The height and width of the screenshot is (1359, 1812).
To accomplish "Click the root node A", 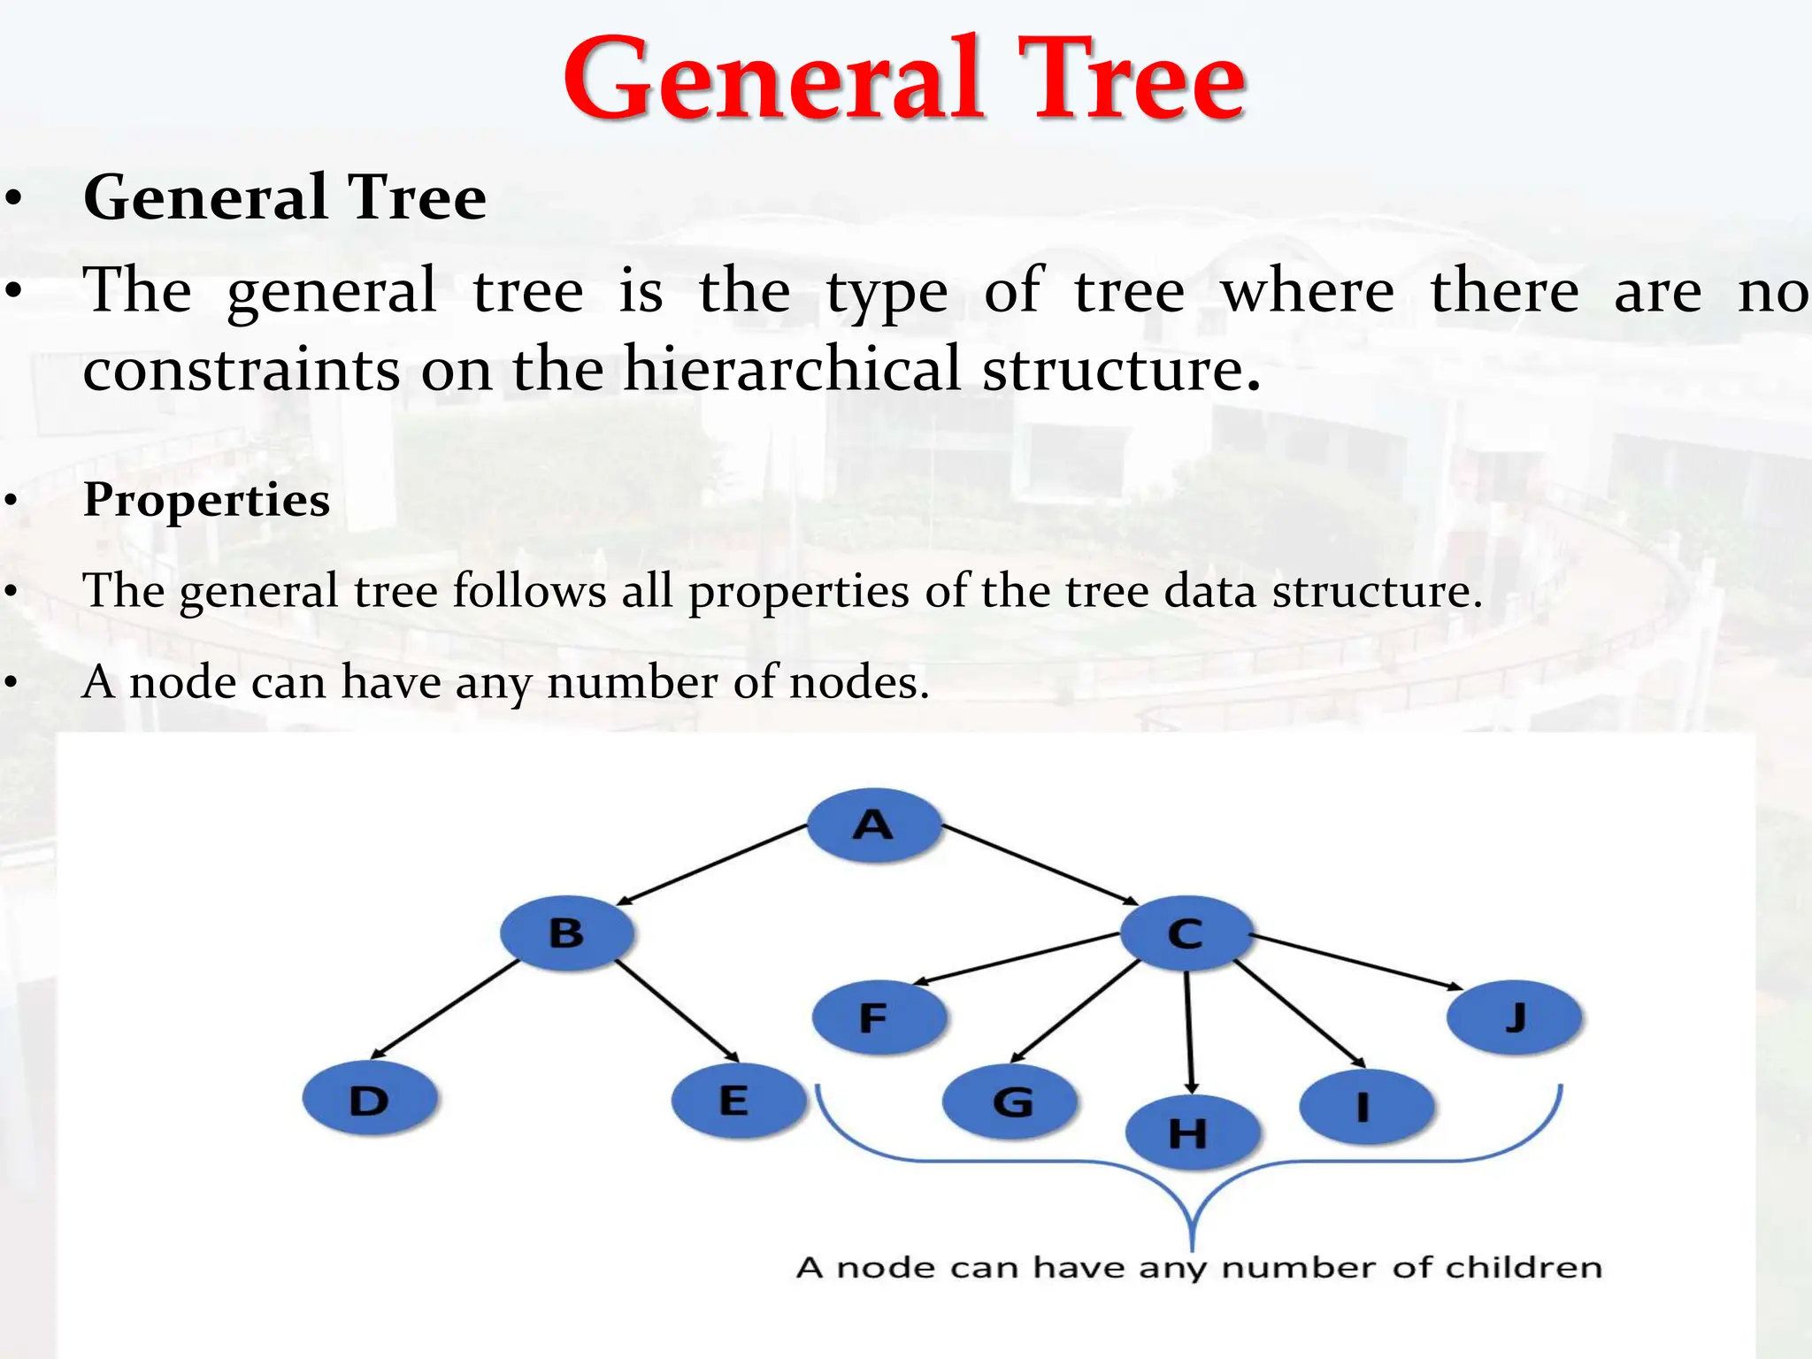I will coord(874,825).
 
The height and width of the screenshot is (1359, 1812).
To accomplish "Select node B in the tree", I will coord(567,933).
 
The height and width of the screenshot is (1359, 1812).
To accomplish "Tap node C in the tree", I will coord(1186,933).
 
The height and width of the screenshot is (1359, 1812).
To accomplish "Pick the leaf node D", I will coord(370,1100).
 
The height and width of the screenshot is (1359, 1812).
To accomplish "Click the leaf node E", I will coord(737,1100).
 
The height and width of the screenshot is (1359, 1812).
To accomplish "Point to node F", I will coord(879,1017).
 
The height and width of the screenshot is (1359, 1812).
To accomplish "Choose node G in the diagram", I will coord(1010,1102).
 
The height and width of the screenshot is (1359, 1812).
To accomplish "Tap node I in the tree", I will coord(1366,1106).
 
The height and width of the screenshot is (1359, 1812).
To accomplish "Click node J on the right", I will coord(1515,1017).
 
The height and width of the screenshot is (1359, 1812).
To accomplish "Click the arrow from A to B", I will coord(712,864).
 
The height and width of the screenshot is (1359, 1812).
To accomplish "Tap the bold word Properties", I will coord(206,499).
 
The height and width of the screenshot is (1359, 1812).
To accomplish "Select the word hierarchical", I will coord(791,368).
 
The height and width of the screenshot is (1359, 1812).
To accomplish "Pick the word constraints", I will coord(241,368).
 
